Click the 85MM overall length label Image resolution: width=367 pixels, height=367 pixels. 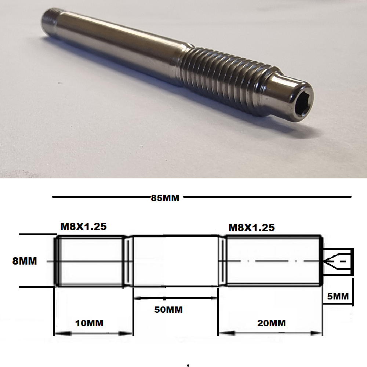[x=165, y=198]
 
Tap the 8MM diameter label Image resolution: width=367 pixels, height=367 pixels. [x=25, y=262]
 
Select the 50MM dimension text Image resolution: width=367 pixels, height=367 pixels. [x=168, y=309]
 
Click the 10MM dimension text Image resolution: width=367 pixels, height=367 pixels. [x=89, y=323]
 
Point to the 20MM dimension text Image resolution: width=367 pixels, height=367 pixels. [x=271, y=323]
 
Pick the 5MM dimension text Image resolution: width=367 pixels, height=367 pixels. [x=338, y=296]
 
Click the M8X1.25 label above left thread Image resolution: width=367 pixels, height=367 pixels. [x=83, y=226]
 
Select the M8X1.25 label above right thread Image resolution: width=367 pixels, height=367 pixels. [x=251, y=228]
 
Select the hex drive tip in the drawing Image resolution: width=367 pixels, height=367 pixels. [x=338, y=261]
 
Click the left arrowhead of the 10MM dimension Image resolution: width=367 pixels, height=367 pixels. [x=59, y=334]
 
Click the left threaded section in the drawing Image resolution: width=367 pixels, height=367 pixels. [x=90, y=261]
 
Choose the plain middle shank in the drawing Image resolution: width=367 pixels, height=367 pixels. [x=175, y=261]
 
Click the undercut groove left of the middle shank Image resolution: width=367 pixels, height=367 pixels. [x=127, y=261]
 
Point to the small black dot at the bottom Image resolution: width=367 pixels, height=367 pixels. [x=188, y=365]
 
